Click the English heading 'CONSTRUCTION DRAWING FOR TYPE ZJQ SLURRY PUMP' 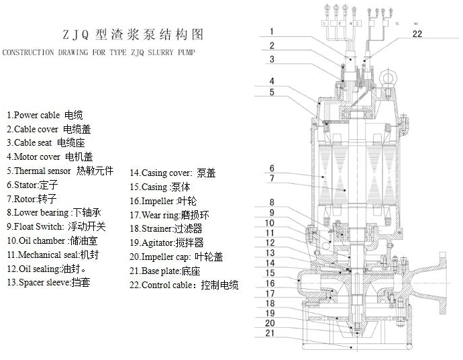[x=99, y=52]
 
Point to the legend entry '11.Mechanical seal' [x=54, y=255]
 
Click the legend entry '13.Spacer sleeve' [x=48, y=283]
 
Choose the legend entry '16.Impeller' [x=164, y=201]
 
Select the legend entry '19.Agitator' [x=166, y=242]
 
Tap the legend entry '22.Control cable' [x=184, y=285]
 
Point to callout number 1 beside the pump [x=272, y=31]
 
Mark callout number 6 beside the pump [x=272, y=168]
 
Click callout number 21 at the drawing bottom [x=272, y=333]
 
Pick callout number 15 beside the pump [x=272, y=273]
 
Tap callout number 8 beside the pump [x=272, y=202]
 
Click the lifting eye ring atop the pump [x=390, y=79]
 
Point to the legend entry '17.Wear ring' [x=170, y=215]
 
